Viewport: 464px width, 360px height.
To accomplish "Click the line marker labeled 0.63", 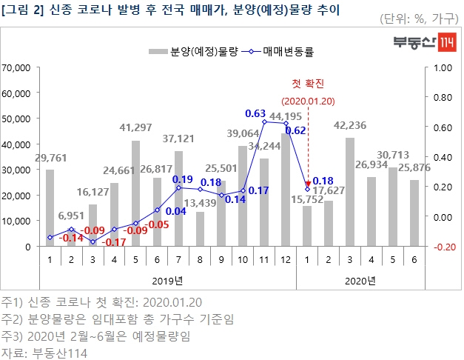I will click(x=264, y=121).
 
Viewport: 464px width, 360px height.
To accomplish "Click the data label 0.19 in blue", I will click(x=182, y=179).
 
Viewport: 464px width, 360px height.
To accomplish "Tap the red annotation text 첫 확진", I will click(x=308, y=83).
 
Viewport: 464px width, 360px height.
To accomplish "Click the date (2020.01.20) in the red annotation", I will click(x=308, y=99).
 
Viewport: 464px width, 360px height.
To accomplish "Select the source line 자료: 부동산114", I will click(x=44, y=352).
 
